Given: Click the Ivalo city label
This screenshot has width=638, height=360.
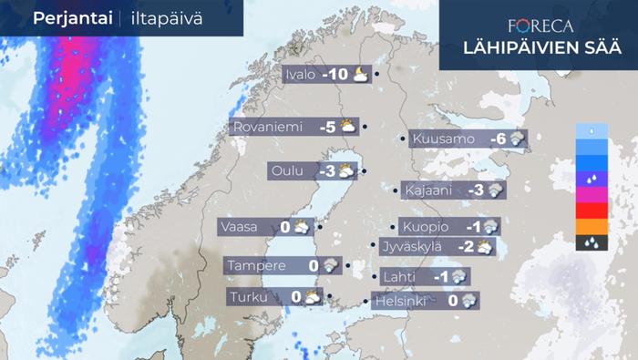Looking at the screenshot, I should click(300, 75).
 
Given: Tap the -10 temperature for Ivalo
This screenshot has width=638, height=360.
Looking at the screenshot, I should click(334, 75).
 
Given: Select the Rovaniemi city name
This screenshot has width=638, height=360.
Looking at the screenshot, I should click(268, 128).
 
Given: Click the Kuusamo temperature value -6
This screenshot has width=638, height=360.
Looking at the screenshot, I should click(498, 139).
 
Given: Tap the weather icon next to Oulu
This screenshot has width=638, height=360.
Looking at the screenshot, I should click(346, 170).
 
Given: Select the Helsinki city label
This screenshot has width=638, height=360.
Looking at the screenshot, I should click(401, 299).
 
